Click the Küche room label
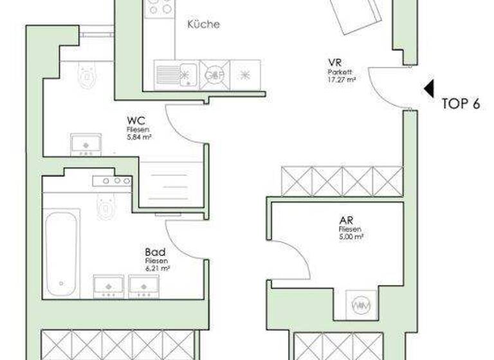tap(203, 25)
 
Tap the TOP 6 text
tap(461, 105)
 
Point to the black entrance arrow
tap(429, 88)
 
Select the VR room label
tap(334, 63)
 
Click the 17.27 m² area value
tap(342, 80)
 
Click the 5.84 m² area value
tap(139, 137)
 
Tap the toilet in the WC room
tap(85, 75)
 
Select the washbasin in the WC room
tap(86, 145)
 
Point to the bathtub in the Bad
tap(61, 253)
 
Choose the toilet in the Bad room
tap(105, 206)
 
